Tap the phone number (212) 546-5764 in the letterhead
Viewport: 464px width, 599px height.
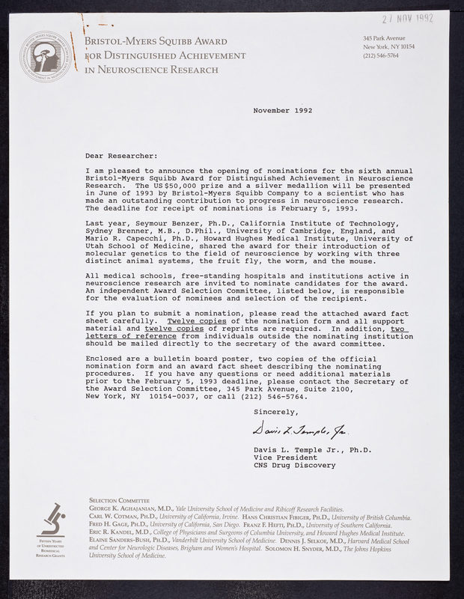(x=382, y=55)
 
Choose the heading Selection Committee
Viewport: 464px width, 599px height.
(x=120, y=499)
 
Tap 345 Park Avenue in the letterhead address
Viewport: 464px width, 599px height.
(x=384, y=37)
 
